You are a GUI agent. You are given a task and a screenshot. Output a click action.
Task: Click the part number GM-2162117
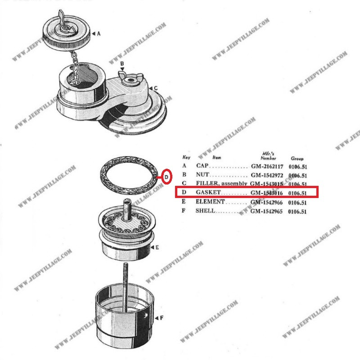pos(267,166)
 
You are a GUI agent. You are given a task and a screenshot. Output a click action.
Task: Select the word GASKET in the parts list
pos(208,192)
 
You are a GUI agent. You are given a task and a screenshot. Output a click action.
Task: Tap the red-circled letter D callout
pos(166,177)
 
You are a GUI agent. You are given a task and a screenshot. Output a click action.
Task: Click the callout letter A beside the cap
pos(99,33)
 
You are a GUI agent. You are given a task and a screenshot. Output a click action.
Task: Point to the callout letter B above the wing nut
pos(122,63)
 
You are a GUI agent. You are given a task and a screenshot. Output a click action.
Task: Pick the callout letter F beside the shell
pos(162,318)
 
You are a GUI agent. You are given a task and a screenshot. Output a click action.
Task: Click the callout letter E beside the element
pos(157,247)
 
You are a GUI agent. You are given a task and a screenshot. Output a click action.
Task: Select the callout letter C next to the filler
pos(156,88)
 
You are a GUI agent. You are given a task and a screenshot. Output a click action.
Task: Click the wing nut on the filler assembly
pos(130,79)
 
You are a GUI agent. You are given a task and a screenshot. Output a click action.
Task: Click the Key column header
pos(186,157)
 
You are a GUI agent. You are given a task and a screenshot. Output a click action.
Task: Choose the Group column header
pos(297,158)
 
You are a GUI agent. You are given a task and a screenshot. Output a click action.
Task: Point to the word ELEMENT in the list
pos(210,202)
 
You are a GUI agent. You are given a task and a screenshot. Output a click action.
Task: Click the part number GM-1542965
pos(266,211)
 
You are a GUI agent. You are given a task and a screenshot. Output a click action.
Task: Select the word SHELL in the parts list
pos(205,211)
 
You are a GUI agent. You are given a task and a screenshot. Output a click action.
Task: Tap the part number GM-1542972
pos(267,175)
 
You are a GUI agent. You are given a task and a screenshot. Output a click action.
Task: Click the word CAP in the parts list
pos(202,166)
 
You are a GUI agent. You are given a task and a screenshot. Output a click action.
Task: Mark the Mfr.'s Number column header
pos(268,156)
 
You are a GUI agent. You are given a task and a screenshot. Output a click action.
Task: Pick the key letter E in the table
pos(184,201)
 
